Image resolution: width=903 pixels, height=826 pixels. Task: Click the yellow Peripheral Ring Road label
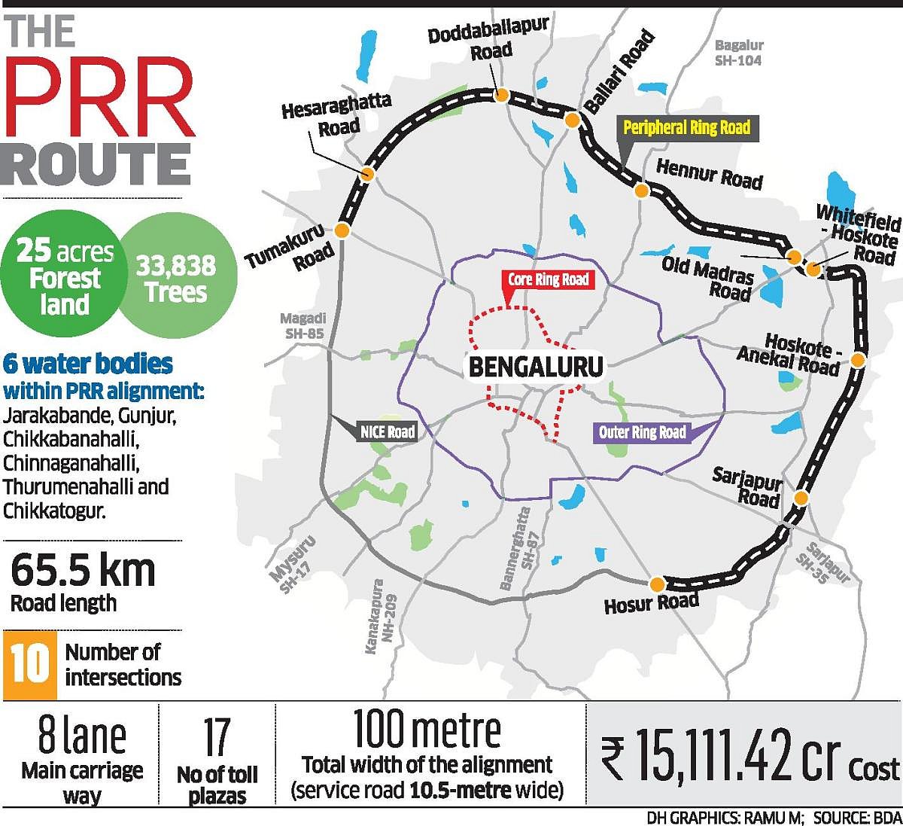tap(686, 127)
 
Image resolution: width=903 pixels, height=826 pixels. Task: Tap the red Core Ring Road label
tap(548, 280)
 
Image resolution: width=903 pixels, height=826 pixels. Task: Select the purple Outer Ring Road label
tap(642, 432)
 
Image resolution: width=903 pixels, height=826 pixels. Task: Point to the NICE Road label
tap(387, 431)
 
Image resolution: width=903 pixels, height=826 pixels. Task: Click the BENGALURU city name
tap(536, 367)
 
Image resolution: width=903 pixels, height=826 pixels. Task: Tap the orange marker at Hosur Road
tap(657, 584)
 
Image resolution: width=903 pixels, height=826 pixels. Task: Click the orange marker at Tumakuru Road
tap(342, 230)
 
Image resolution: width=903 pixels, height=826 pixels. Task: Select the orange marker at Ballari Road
tap(572, 120)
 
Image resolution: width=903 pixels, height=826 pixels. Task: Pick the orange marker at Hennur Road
tap(641, 190)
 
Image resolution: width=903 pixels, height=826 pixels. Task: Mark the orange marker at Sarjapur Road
tap(801, 498)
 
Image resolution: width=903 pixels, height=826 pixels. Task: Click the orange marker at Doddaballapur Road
tap(500, 95)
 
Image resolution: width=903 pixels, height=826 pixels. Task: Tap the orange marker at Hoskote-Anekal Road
tap(859, 360)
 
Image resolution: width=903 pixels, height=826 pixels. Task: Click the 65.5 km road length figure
tap(83, 570)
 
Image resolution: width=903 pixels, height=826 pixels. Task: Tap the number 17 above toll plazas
tap(217, 738)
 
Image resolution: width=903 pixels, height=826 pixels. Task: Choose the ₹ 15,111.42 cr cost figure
tap(722, 756)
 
